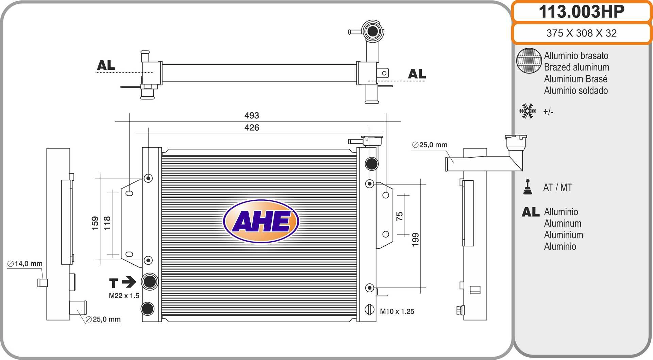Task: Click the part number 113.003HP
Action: tap(582, 12)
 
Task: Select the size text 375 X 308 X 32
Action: tap(582, 33)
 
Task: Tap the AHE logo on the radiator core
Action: tap(261, 221)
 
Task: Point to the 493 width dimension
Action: tap(252, 115)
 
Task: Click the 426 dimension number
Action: tap(252, 128)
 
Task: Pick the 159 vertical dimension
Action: tap(95, 223)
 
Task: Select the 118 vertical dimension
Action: tap(107, 223)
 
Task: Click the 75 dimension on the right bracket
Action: tap(399, 216)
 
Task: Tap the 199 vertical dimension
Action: tap(415, 240)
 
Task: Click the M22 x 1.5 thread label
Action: tap(124, 296)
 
